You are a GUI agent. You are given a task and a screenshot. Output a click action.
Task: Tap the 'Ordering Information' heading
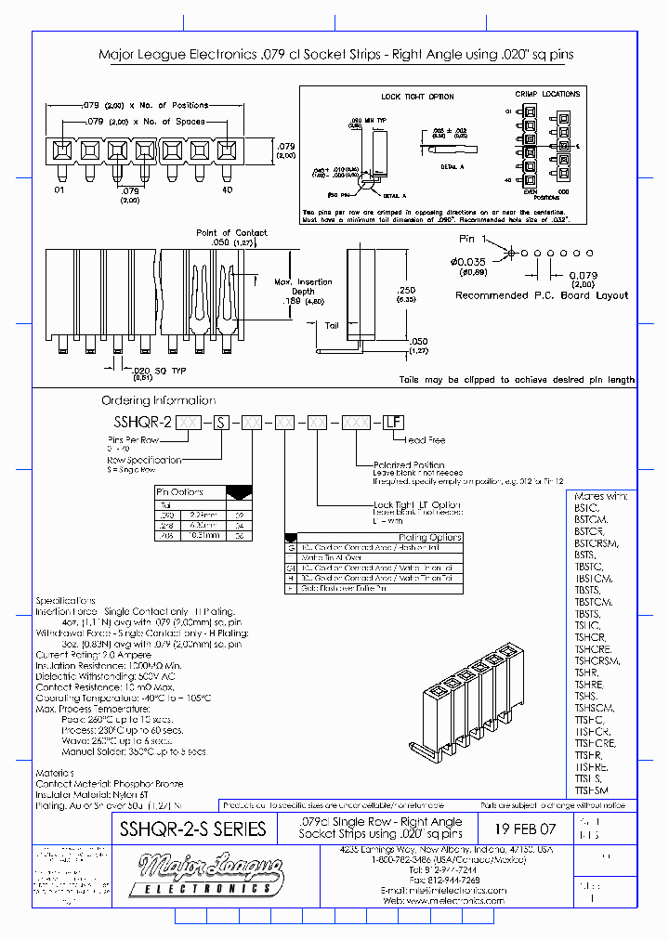click(x=158, y=400)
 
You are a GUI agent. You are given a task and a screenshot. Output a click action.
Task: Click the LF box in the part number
click(x=393, y=422)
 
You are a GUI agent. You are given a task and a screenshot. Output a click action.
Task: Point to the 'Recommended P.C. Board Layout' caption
click(x=542, y=295)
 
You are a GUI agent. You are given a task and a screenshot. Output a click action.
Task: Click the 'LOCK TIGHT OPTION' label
click(x=417, y=97)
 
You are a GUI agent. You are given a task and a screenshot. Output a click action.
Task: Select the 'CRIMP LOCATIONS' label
click(x=548, y=94)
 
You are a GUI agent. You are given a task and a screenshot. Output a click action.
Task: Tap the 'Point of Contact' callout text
click(x=231, y=233)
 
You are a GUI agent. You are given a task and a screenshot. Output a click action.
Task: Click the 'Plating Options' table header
click(x=426, y=537)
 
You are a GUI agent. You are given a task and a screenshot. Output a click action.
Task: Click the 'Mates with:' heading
click(x=601, y=497)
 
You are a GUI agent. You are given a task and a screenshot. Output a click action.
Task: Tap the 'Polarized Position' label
click(x=409, y=464)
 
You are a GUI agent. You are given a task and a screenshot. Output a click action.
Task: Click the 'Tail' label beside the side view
click(x=333, y=325)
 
